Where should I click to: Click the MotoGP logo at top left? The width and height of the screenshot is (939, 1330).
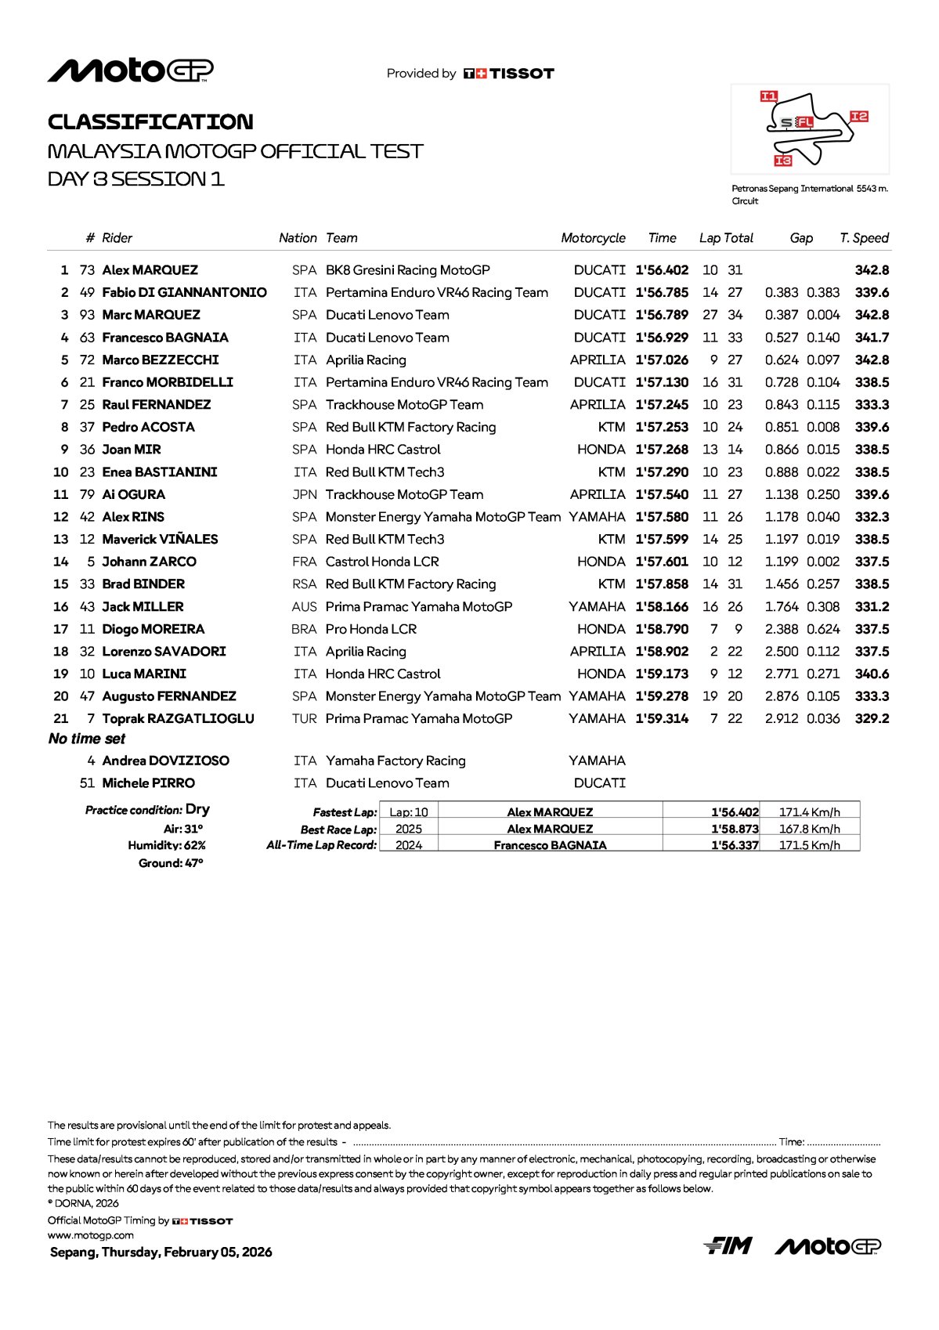[x=130, y=70]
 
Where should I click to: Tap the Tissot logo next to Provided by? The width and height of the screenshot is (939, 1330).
[x=508, y=74]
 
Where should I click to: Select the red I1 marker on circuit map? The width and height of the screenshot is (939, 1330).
[x=769, y=96]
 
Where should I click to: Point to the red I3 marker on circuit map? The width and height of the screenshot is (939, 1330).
[x=783, y=161]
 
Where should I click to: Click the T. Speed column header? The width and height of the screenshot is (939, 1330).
[x=864, y=238]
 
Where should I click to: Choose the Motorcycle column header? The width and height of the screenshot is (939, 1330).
[x=593, y=238]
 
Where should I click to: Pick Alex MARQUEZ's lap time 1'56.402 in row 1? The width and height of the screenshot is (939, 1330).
[x=662, y=270]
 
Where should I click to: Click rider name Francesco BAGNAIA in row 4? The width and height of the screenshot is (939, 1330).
[x=165, y=338]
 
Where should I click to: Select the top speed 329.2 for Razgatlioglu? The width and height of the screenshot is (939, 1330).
[x=872, y=719]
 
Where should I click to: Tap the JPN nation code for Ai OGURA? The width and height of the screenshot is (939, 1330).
[x=305, y=495]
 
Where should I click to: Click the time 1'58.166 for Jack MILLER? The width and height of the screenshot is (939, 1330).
[x=662, y=607]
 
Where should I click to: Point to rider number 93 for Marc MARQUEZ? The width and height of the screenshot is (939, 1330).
[x=87, y=315]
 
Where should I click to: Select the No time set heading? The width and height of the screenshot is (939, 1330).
[x=87, y=739]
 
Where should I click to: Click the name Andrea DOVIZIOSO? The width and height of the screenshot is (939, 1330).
[x=165, y=761]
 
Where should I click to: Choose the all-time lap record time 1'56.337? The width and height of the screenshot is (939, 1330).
[x=735, y=845]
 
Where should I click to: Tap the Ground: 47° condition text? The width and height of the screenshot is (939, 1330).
[x=171, y=863]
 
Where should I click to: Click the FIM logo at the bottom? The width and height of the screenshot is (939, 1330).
[x=728, y=1245]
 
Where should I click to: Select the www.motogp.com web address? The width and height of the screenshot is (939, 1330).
[x=91, y=1235]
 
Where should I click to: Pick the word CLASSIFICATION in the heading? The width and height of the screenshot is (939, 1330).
[x=150, y=122]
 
